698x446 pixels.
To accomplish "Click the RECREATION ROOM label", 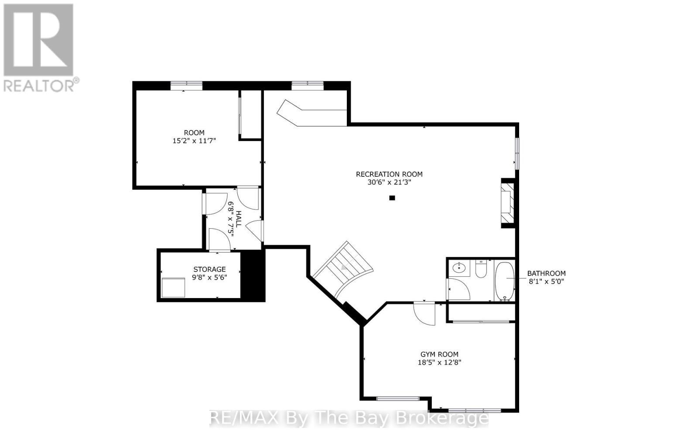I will [389, 174].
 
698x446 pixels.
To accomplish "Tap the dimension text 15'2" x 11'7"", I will [195, 141].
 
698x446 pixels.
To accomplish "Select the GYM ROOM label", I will [439, 354].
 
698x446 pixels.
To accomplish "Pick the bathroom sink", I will [459, 268].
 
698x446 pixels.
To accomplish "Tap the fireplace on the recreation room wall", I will [507, 203].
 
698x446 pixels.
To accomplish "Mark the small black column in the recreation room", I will [392, 198].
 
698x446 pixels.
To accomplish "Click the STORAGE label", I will [209, 269].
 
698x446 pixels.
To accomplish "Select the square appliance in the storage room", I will [173, 287].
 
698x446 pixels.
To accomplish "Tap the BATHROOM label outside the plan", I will [546, 274].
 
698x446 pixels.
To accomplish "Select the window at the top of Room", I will [186, 86].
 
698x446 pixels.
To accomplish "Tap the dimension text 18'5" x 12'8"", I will [439, 362].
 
